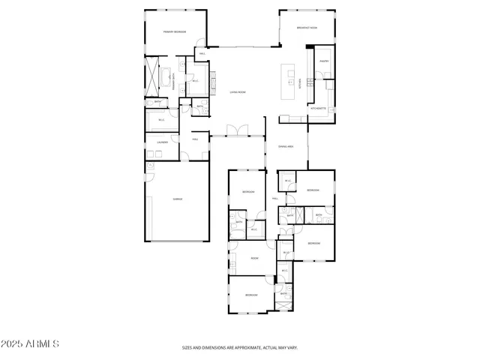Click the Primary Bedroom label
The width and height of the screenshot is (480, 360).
point(175,32)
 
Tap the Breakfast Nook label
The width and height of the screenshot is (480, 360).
point(307,28)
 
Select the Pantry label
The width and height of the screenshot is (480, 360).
point(324,61)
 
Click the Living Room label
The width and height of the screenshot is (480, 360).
point(238,91)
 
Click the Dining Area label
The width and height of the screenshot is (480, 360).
point(285,146)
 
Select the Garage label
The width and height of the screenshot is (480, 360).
point(178,199)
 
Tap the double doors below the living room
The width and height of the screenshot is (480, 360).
point(237,131)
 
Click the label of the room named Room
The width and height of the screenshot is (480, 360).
point(254,258)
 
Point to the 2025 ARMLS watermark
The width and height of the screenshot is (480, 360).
point(30,343)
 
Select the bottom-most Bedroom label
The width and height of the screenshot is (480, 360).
point(251,295)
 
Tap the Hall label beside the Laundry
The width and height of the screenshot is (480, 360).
point(195,139)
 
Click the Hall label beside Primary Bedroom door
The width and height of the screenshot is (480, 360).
point(202,53)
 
